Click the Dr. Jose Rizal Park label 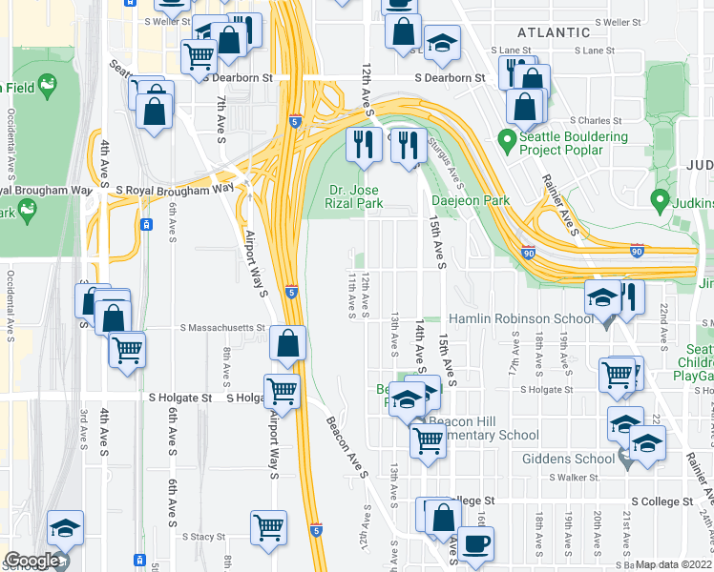tap(355, 196)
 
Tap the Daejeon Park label tap(471, 201)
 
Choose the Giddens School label tap(568, 459)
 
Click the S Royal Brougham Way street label tap(175, 190)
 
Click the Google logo tap(31, 561)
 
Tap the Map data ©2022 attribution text tap(673, 564)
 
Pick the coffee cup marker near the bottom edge tap(476, 544)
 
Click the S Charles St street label tap(595, 121)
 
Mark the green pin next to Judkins tap(658, 201)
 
